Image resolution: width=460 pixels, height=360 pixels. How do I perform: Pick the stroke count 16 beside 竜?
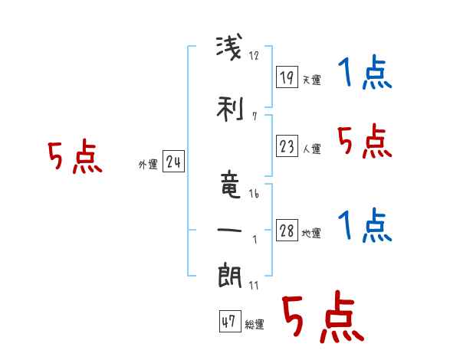click(254, 194)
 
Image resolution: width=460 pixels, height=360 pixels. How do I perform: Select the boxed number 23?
click(287, 146)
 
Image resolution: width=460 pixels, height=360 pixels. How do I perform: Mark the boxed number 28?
click(287, 231)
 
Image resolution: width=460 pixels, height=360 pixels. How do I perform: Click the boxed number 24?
click(173, 162)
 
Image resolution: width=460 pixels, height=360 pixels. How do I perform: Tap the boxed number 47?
click(229, 322)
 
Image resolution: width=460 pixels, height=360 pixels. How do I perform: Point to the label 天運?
click(311, 80)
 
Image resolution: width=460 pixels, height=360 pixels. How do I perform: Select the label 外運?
click(147, 165)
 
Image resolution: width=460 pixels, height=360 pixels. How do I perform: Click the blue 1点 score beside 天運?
click(365, 74)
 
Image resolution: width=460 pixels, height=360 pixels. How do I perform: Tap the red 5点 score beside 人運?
click(365, 141)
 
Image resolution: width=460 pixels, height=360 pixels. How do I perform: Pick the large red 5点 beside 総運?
click(321, 319)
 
